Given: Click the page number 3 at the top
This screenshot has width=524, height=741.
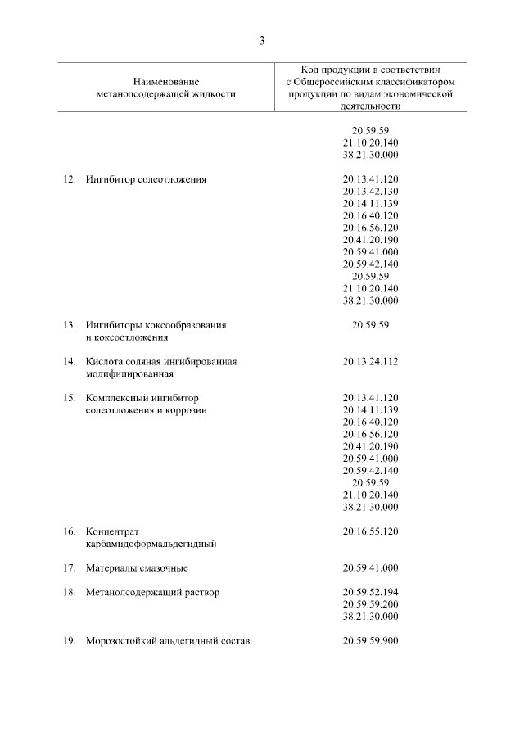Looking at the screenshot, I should [x=262, y=40].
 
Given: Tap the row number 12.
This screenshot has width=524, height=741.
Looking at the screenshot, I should [x=69, y=178].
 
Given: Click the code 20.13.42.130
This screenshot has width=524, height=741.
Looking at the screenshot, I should [x=371, y=191].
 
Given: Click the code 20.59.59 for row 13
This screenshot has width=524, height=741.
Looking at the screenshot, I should [x=371, y=325].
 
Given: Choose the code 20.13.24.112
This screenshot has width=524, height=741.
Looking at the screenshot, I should [x=371, y=361].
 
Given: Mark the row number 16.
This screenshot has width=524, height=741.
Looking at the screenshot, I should [x=69, y=531].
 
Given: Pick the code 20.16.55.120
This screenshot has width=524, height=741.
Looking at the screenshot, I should [x=371, y=531].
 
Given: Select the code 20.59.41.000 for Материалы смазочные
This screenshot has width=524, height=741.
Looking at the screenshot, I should [x=371, y=567].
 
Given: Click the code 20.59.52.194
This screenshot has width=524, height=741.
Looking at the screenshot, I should [x=371, y=592].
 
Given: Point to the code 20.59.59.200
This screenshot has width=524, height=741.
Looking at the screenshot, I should [x=371, y=604].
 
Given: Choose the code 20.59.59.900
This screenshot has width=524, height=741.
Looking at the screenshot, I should [x=371, y=640].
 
